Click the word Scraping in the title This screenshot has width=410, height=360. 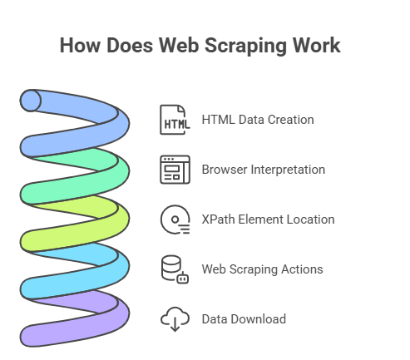click(x=242, y=45)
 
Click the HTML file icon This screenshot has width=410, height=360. click(x=175, y=120)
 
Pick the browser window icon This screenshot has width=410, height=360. click(x=175, y=170)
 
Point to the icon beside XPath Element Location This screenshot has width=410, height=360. click(x=175, y=219)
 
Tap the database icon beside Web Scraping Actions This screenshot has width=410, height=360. click(x=175, y=269)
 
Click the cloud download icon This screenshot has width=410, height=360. click(x=175, y=319)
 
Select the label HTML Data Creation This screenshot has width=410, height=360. click(x=258, y=120)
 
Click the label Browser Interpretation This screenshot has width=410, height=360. click(x=263, y=170)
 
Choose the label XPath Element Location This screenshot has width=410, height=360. click(x=268, y=219)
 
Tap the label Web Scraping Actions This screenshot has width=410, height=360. click(x=262, y=269)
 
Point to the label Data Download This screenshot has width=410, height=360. click(x=244, y=319)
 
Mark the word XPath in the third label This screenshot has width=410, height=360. click(x=219, y=219)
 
